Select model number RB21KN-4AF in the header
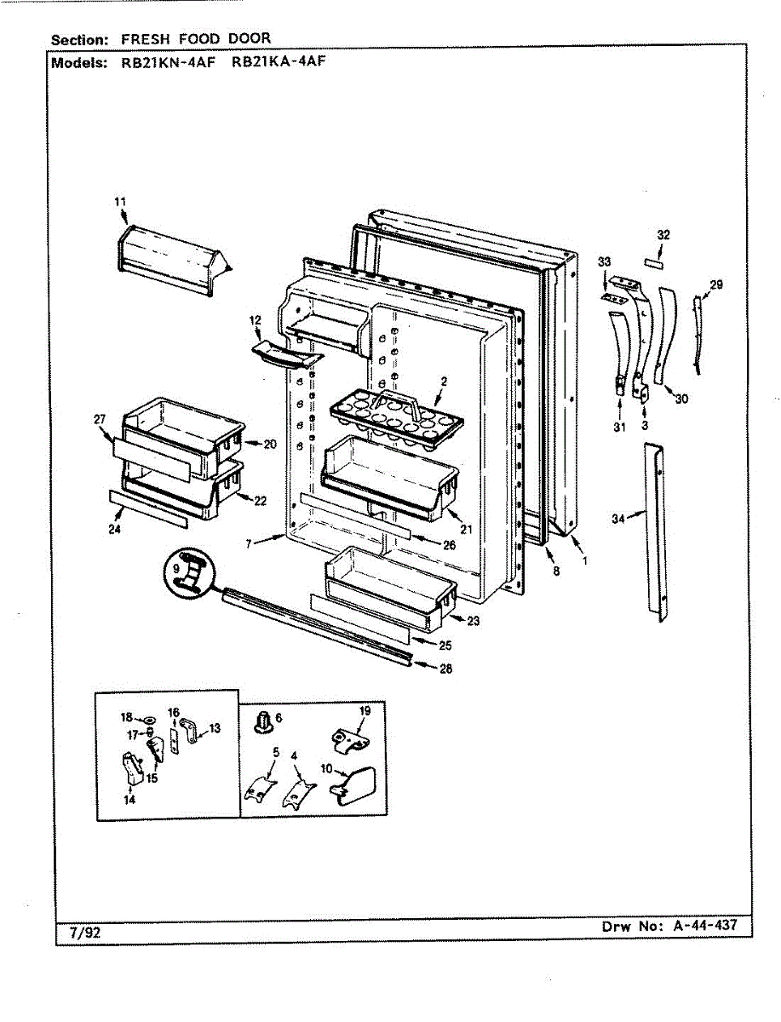[x=170, y=63]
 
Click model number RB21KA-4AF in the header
[x=279, y=62]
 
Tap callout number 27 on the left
[x=100, y=418]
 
